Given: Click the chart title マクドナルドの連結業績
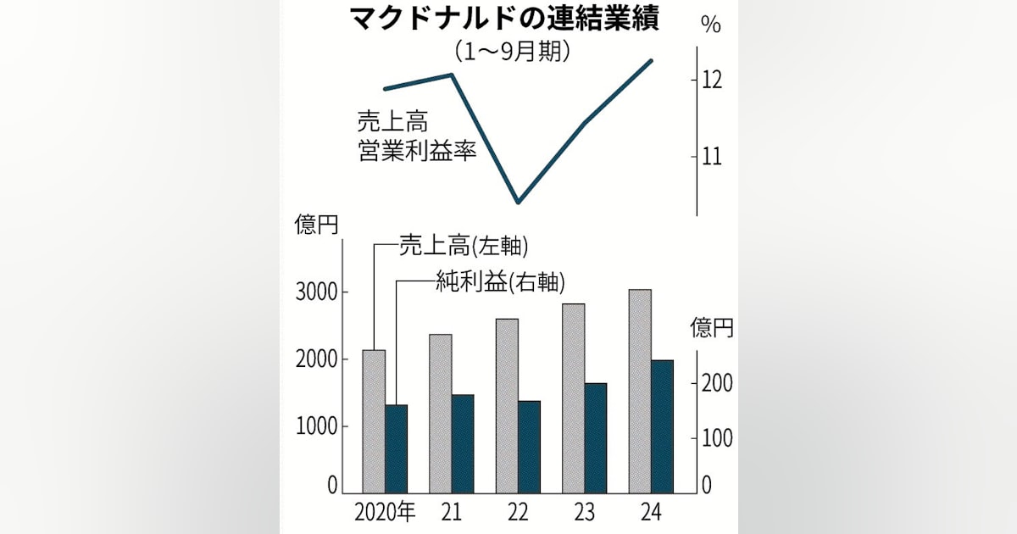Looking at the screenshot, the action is tap(505, 19).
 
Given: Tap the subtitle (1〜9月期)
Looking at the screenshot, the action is tap(513, 53).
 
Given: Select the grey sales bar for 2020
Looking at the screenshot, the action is tap(374, 421).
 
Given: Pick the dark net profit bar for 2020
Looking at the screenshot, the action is tap(396, 449).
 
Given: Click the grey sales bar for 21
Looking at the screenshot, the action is tap(441, 414).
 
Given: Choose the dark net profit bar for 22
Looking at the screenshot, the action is tap(529, 448).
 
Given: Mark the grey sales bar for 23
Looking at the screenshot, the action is tap(574, 398).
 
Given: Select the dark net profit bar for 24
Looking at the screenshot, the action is tap(662, 427).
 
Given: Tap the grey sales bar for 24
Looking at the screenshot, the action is tap(640, 392).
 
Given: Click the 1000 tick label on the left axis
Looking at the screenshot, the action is tap(316, 427).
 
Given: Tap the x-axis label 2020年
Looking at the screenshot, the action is tap(385, 513).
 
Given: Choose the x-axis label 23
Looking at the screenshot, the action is tap(584, 513).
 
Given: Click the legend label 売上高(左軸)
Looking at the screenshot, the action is tap(464, 247).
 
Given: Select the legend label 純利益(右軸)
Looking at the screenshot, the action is tap(500, 282).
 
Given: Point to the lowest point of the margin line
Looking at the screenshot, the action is tap(519, 202).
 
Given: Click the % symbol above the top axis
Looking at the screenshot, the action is tap(710, 25).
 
